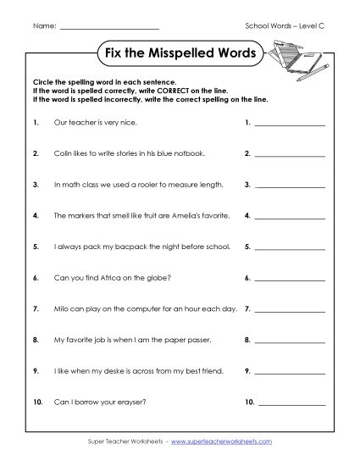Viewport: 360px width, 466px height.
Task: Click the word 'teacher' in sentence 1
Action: coord(81,124)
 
